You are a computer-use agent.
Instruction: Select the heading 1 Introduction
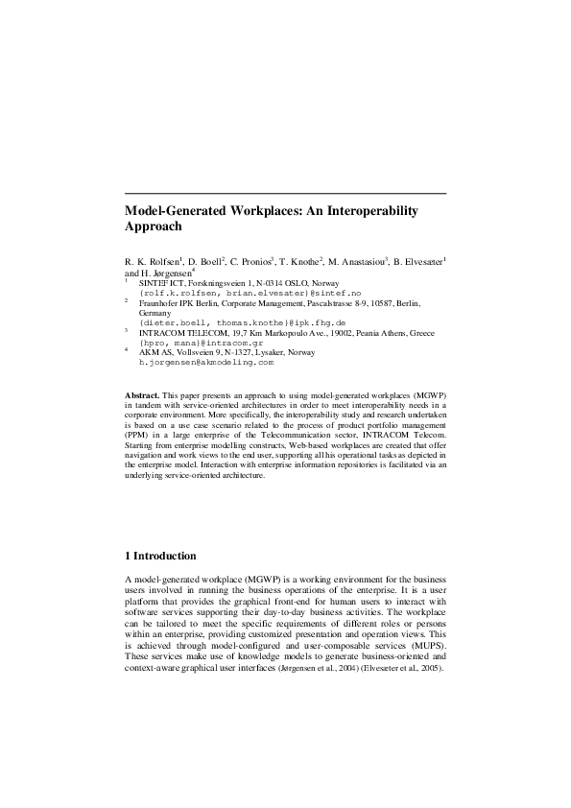[x=161, y=556]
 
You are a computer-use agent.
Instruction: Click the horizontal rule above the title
[x=286, y=194]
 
